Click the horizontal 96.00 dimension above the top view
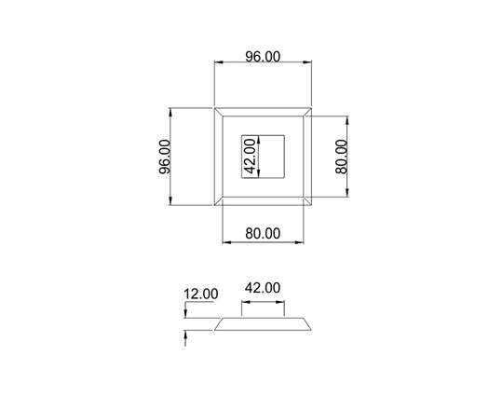[x=262, y=57]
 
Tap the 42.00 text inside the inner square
[x=250, y=157]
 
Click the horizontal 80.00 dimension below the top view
[x=262, y=233]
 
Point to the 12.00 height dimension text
[x=200, y=294]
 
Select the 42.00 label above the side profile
[x=262, y=289]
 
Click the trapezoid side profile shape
[x=262, y=323]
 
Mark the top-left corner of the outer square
[x=215, y=109]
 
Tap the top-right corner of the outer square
[x=309, y=109]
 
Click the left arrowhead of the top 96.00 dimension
[x=219, y=63]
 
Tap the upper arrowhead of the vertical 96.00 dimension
[x=173, y=113]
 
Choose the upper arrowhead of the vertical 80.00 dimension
[x=347, y=120]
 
